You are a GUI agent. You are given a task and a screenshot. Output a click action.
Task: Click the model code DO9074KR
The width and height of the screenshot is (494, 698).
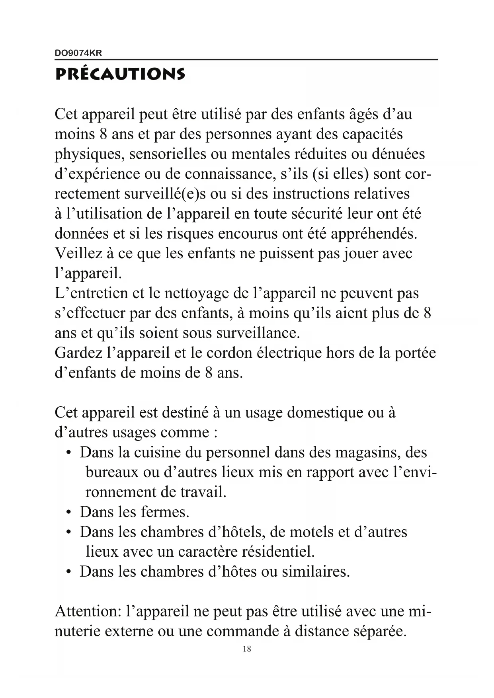point(78,53)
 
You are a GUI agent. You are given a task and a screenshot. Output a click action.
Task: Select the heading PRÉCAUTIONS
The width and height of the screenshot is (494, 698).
point(120,74)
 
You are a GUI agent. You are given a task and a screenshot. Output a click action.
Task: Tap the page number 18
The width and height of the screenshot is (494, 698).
point(247,649)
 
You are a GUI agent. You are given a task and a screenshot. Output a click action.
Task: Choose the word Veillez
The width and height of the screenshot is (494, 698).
point(78,253)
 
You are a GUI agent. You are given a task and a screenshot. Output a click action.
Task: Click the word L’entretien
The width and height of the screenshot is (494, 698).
point(92,293)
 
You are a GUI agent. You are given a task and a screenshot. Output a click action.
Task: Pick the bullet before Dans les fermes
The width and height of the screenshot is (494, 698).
point(69,512)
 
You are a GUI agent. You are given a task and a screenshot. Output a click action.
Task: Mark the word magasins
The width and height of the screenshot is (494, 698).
point(368,453)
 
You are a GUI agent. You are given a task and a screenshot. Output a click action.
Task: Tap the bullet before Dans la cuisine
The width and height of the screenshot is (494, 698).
point(69,453)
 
